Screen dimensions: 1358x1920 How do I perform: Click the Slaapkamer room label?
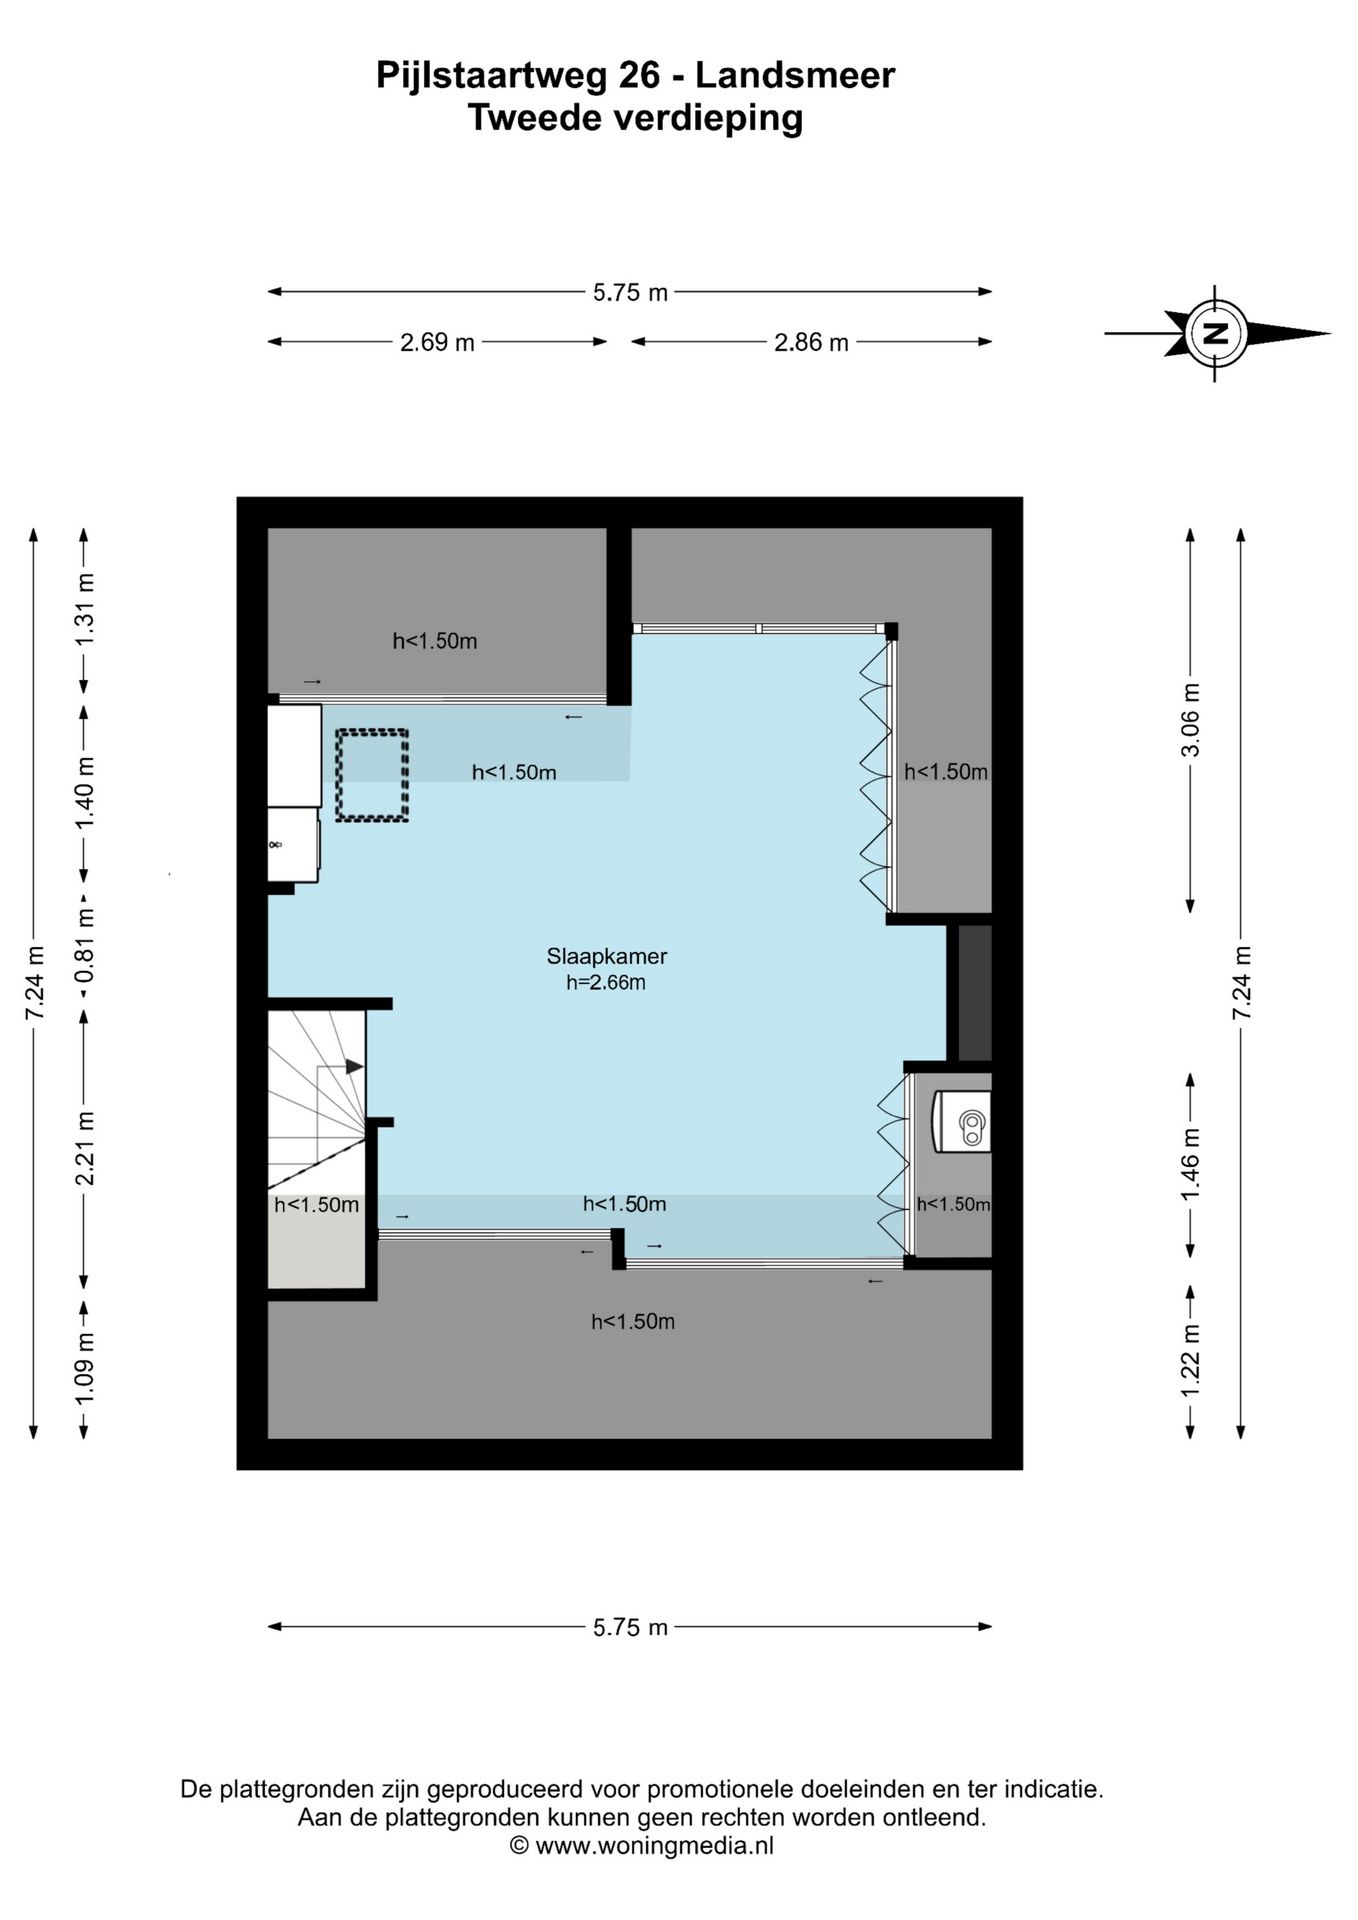point(606,956)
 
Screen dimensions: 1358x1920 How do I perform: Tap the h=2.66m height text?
point(606,982)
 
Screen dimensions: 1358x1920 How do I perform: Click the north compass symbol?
point(1217,333)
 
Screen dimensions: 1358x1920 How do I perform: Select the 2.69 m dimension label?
point(437,342)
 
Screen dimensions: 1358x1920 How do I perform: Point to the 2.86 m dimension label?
point(811,342)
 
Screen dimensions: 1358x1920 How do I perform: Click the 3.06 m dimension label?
point(1190,721)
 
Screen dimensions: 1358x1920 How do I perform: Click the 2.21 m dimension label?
point(85,1148)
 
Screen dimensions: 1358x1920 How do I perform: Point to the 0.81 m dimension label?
point(85,939)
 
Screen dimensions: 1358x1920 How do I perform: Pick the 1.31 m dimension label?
point(85,610)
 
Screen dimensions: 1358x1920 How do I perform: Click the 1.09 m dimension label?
point(85,1367)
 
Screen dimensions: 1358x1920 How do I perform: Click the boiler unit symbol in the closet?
point(962,1120)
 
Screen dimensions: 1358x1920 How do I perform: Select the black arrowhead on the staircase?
point(354,1067)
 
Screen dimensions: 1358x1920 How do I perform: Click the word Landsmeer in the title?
point(795,75)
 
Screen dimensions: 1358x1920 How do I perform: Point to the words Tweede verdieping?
point(635,118)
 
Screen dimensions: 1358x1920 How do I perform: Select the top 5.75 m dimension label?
point(630,292)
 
